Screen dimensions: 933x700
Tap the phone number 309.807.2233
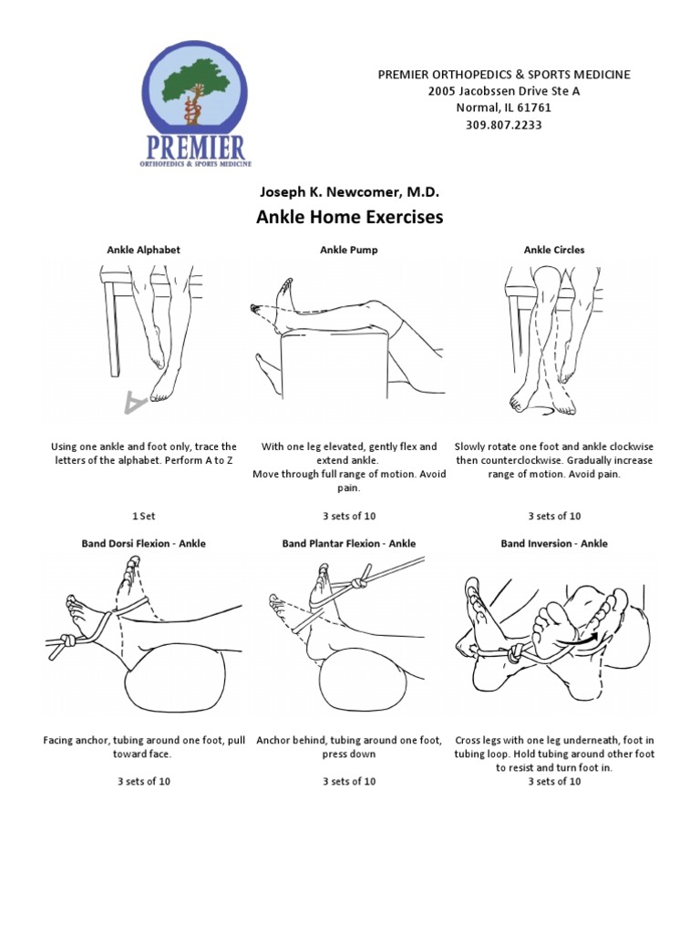click(x=503, y=125)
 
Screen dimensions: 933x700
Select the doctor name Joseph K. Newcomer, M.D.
click(x=350, y=192)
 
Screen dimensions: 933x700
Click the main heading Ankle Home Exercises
click(x=350, y=218)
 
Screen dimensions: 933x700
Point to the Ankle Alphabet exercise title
click(x=143, y=250)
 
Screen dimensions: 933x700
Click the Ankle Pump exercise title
click(x=349, y=250)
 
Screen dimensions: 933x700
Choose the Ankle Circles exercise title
click(x=554, y=250)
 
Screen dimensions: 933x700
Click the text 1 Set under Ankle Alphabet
click(x=143, y=516)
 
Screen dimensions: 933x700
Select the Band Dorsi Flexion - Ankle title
click(x=143, y=543)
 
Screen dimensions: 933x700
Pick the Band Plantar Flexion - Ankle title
click(x=349, y=543)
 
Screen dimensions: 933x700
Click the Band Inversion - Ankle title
click(x=554, y=543)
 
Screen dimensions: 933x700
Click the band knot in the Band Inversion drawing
click(x=517, y=653)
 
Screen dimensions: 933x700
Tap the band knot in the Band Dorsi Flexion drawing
click(x=69, y=641)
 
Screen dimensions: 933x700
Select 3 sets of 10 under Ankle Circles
click(x=554, y=516)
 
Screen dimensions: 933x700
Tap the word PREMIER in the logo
click(x=194, y=147)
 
